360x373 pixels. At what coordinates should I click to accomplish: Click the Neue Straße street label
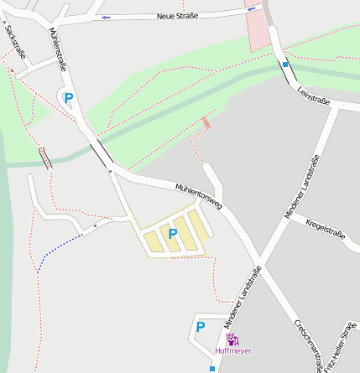(x=177, y=16)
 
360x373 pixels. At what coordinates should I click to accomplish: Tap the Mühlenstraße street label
(x=59, y=49)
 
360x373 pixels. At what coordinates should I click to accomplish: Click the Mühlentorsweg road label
(x=198, y=197)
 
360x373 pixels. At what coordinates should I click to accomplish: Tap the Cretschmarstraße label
(x=308, y=345)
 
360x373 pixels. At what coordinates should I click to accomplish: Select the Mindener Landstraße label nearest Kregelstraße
(x=303, y=187)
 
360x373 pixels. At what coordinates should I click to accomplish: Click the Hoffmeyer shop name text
(x=233, y=350)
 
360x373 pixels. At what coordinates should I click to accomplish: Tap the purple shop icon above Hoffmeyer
(x=232, y=339)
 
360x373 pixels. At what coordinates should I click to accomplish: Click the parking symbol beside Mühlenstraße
(x=69, y=98)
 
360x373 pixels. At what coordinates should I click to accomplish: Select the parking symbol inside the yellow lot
(x=173, y=234)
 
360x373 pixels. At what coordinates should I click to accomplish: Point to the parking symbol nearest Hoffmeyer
(x=201, y=327)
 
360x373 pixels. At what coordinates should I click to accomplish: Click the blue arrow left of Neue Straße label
(x=106, y=17)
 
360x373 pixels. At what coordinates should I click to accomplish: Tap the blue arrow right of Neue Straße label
(x=250, y=10)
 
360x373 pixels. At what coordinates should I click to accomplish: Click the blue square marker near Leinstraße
(x=286, y=63)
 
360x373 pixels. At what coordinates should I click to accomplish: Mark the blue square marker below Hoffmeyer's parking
(x=211, y=366)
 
